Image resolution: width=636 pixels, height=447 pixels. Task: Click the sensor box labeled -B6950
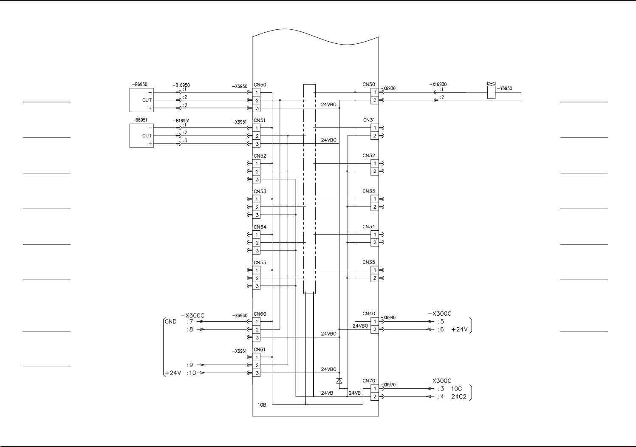141,100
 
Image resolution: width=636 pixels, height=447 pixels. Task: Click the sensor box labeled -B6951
141,136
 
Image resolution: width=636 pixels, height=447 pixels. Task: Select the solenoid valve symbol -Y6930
491,91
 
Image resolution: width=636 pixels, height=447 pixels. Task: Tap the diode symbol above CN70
339,381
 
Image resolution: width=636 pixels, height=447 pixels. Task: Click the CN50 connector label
260,85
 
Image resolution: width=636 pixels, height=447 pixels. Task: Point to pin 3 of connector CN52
256,179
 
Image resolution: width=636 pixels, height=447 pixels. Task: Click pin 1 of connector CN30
374,92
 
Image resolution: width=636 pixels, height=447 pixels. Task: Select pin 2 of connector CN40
374,329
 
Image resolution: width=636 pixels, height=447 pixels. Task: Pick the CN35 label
368,262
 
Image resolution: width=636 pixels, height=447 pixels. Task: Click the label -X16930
438,85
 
